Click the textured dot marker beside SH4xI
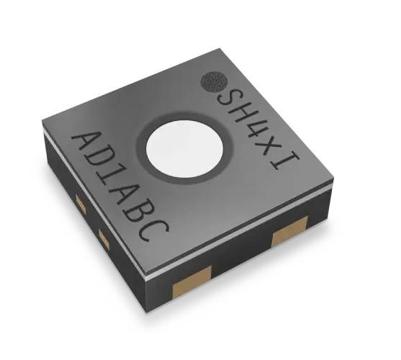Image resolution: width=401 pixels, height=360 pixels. tap(215, 81)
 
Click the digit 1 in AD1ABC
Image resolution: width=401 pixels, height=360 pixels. tap(114, 184)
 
